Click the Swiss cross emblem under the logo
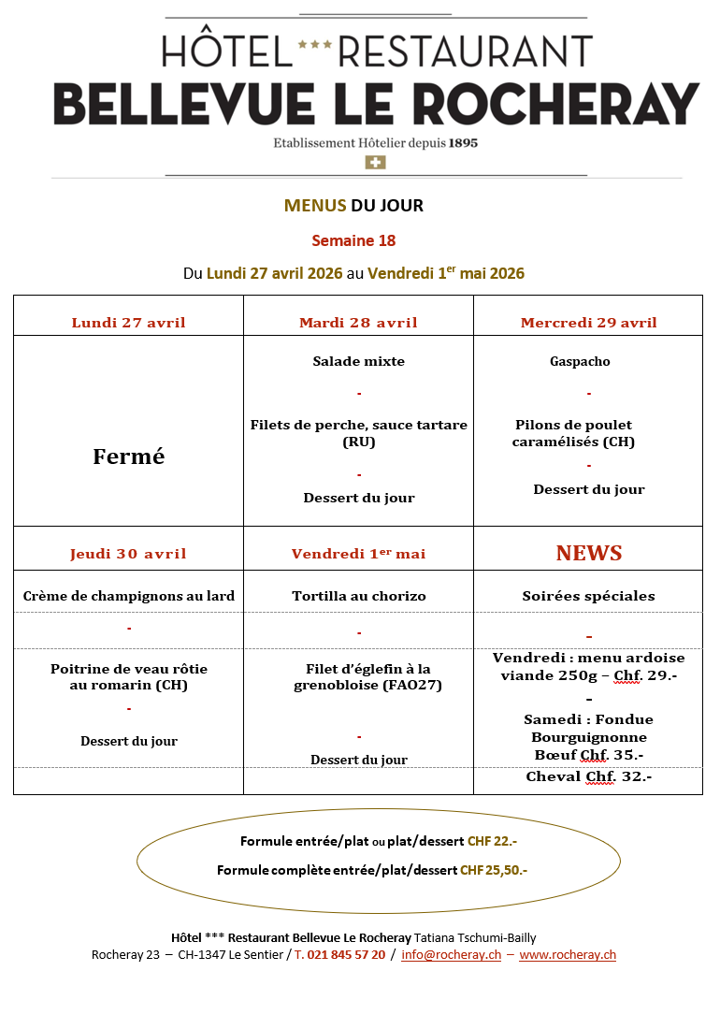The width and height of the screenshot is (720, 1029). pyautogui.click(x=375, y=163)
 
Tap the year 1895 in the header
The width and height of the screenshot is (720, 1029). pyautogui.click(x=464, y=143)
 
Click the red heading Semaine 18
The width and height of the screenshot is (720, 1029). pyautogui.click(x=353, y=240)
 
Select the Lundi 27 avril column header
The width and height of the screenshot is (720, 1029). pyautogui.click(x=129, y=323)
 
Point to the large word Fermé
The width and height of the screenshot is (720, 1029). pyautogui.click(x=129, y=457)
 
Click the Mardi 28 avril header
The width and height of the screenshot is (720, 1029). pyautogui.click(x=358, y=323)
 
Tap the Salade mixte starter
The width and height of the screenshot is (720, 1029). pyautogui.click(x=359, y=361)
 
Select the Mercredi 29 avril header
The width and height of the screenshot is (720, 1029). pyautogui.click(x=588, y=323)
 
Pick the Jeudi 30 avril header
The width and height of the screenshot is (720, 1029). pyautogui.click(x=129, y=554)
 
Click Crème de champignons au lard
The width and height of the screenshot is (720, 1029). pyautogui.click(x=129, y=596)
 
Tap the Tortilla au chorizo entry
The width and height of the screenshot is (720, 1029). pyautogui.click(x=359, y=596)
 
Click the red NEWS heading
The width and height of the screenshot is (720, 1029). pyautogui.click(x=589, y=553)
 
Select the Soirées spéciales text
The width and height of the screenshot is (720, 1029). pyautogui.click(x=588, y=596)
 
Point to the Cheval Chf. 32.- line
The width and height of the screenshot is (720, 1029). pyautogui.click(x=588, y=776)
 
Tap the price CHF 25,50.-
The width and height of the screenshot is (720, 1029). pyautogui.click(x=494, y=870)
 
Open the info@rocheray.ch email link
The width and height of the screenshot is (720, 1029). pyautogui.click(x=451, y=954)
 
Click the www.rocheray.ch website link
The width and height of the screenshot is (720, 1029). pyautogui.click(x=568, y=954)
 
